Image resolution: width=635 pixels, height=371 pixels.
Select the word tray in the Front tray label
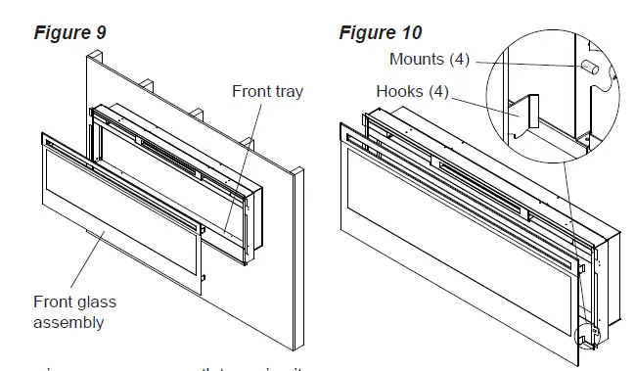pos(285,92)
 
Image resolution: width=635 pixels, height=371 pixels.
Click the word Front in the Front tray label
pos(249,92)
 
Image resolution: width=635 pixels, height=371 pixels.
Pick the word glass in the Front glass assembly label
pos(96,302)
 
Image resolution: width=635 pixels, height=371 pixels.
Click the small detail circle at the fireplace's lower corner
pos(588,329)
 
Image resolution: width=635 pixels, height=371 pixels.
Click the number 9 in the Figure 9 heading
pos(101,32)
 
